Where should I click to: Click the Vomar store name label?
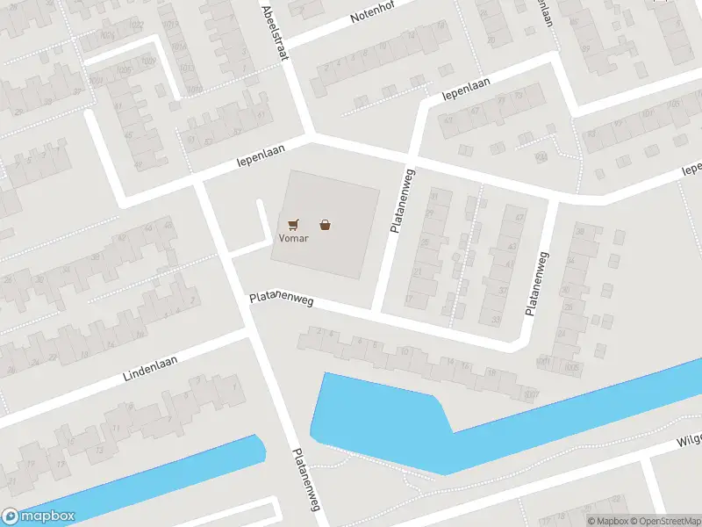(294, 238)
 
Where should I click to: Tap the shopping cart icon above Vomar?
(293, 225)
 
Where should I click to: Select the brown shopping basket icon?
(326, 224)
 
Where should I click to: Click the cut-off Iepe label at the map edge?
(691, 167)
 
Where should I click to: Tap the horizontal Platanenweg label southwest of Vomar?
(282, 300)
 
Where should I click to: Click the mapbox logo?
(39, 516)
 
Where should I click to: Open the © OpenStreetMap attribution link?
(664, 521)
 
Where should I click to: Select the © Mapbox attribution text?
(608, 521)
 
